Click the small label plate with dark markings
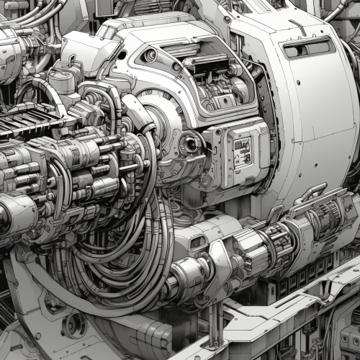coord(242,149)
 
